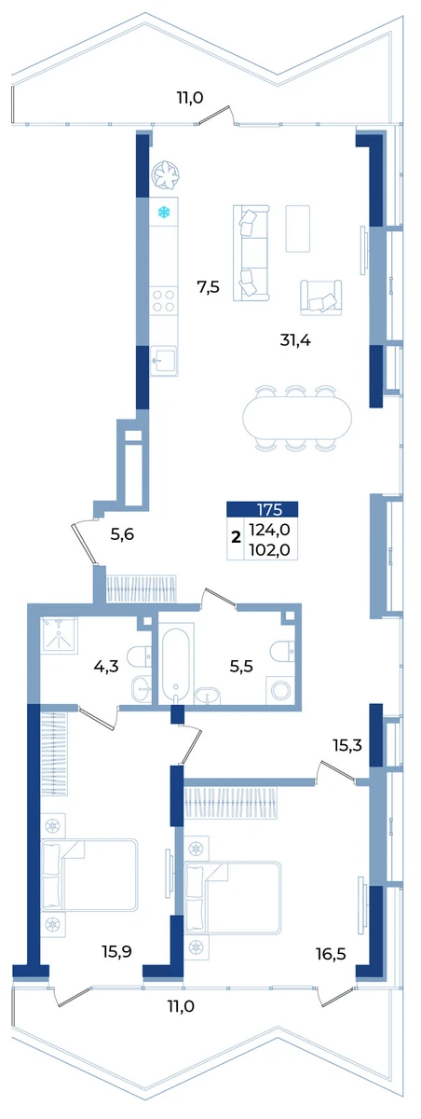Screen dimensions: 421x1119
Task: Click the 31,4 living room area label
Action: pos(295,340)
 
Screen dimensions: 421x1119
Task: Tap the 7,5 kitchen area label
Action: pos(208,288)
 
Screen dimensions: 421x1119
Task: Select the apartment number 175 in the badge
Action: pos(269,509)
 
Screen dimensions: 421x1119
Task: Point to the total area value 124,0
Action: pos(269,529)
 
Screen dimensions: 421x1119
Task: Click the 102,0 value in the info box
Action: pos(269,550)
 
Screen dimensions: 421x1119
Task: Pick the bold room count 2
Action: pos(236,537)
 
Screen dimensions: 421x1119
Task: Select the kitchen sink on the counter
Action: pos(164,361)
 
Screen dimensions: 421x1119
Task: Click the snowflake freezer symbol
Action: pos(164,213)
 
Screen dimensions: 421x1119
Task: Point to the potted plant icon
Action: pos(165,175)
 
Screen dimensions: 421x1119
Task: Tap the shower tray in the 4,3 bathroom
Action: pos(60,635)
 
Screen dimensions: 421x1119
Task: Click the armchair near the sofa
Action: pos(320,297)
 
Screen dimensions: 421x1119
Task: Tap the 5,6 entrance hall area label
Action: pos(122,535)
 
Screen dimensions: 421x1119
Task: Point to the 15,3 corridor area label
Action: pos(347,746)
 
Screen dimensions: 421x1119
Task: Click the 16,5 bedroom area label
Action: pos(331,955)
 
